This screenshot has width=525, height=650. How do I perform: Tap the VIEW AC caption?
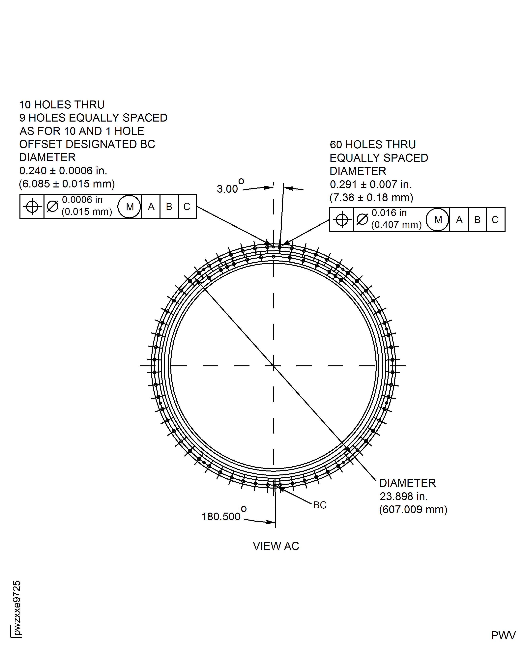[276, 546]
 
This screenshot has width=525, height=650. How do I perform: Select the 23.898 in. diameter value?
[403, 496]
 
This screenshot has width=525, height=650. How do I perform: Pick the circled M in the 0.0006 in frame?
[130, 207]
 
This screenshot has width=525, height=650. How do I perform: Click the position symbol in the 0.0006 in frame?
[32, 207]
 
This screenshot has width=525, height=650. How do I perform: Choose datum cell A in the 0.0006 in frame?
[151, 207]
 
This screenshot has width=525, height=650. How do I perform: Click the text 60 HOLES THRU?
[373, 145]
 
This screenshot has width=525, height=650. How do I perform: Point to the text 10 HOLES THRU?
[62, 105]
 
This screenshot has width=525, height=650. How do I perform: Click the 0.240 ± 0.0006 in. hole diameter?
[63, 171]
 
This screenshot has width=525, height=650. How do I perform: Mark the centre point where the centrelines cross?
[273, 366]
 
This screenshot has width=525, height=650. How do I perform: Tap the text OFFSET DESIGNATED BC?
[87, 144]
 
